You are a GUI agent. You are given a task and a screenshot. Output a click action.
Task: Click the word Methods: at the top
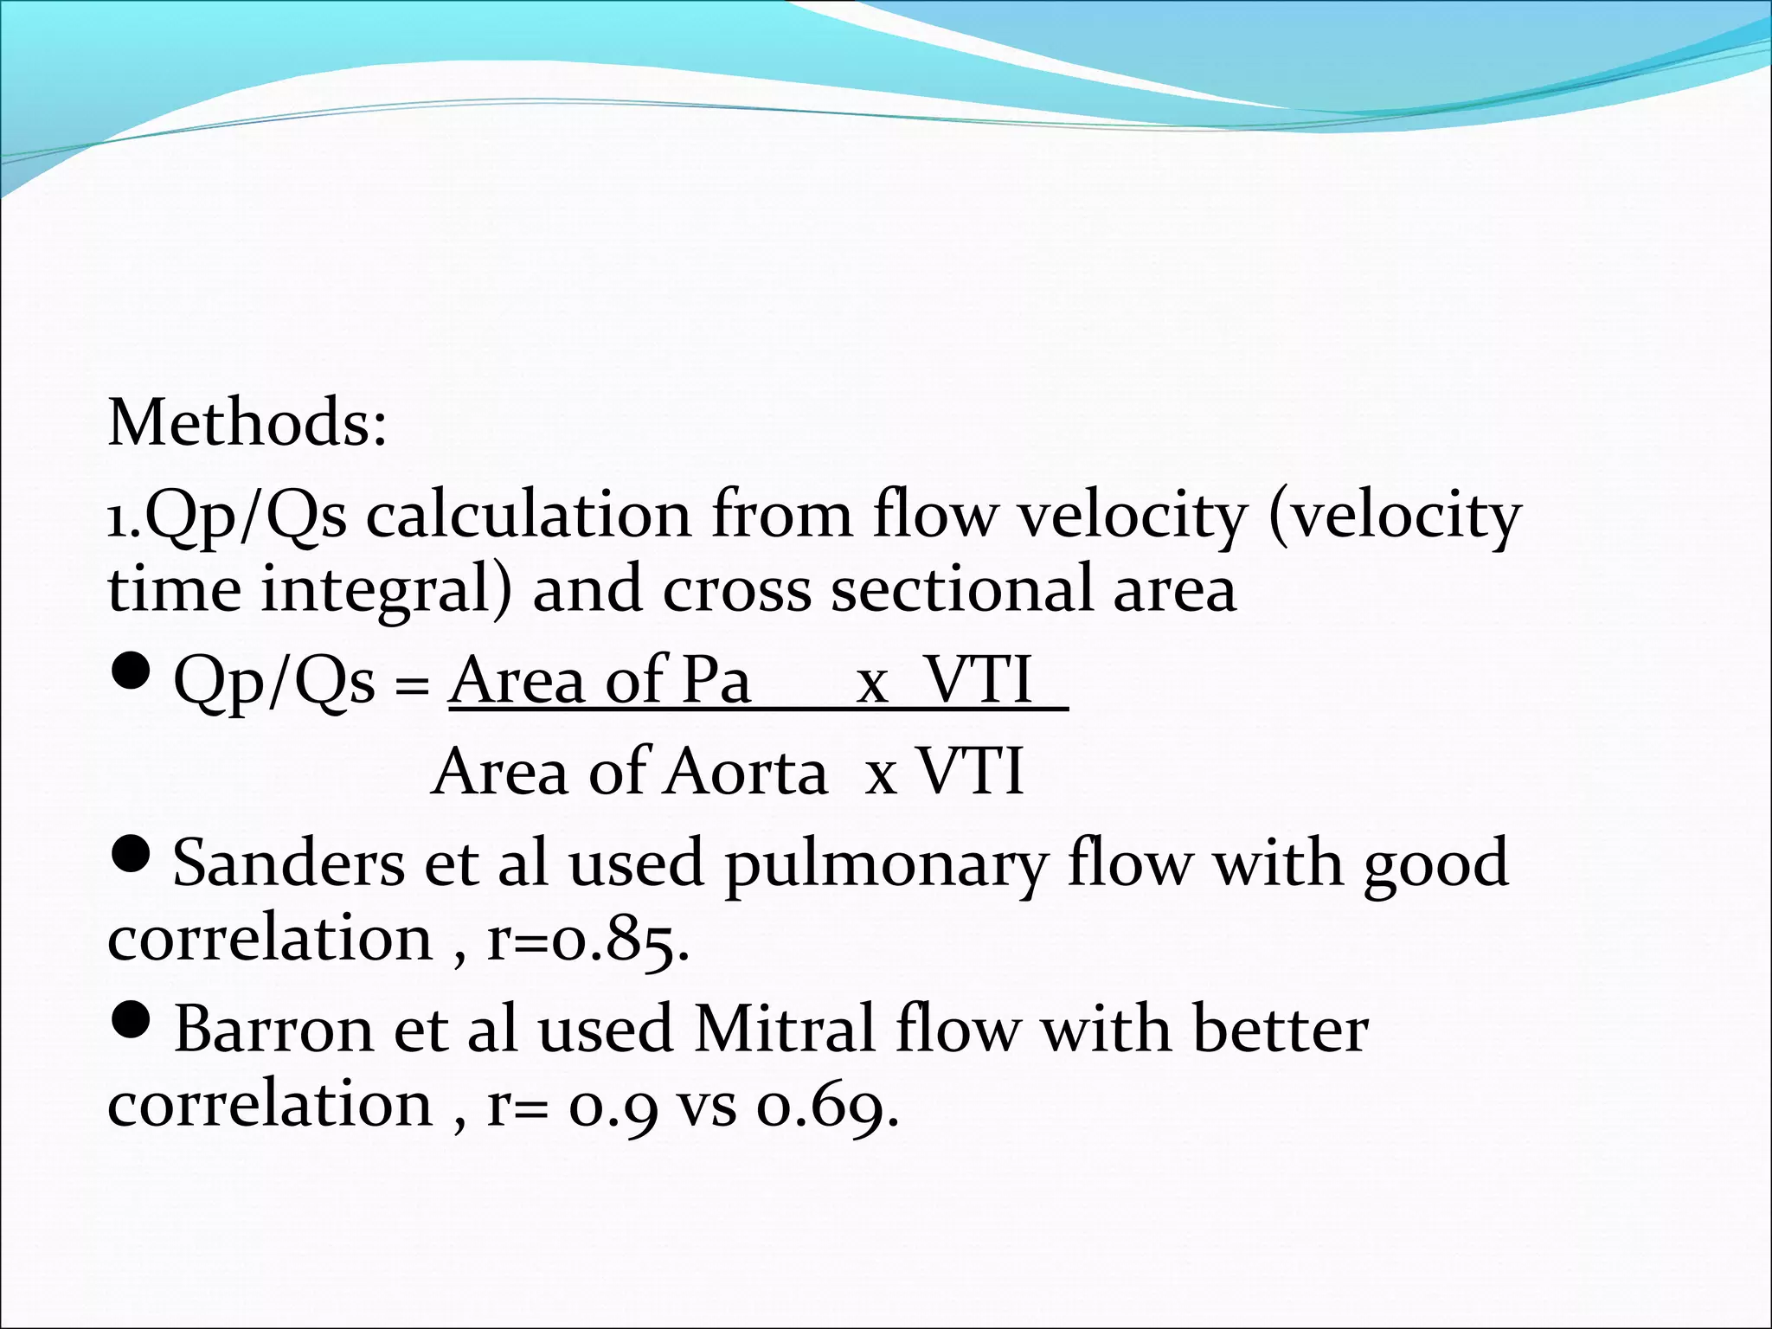[247, 423]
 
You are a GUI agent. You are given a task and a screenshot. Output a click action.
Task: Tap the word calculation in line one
[528, 516]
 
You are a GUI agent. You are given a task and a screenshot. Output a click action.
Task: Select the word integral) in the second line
[386, 590]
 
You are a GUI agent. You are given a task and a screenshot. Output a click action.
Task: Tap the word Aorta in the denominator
[745, 772]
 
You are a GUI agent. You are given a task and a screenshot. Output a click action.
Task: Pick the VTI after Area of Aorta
[971, 772]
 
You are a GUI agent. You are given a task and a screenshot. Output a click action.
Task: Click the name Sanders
[288, 864]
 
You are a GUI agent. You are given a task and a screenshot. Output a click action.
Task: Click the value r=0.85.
[588, 939]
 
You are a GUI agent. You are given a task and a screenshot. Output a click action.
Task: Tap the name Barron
[274, 1030]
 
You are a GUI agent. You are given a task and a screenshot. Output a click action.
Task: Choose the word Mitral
[784, 1030]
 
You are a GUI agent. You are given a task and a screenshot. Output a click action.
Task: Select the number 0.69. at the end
[827, 1105]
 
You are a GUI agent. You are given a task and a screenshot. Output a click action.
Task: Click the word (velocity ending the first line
[1394, 517]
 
